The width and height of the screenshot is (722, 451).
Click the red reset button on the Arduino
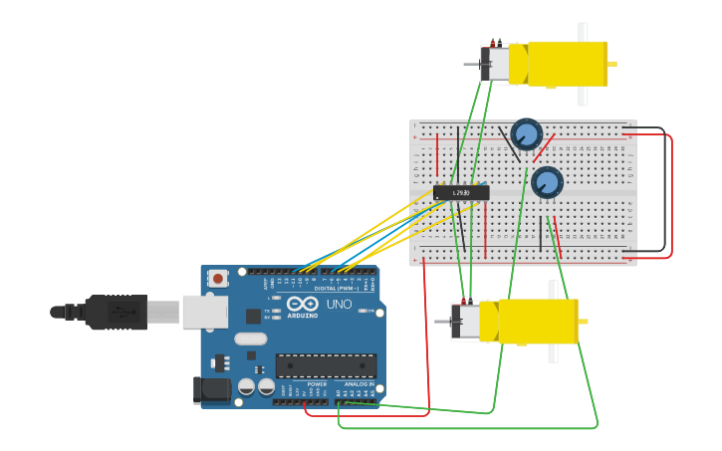coord(217,279)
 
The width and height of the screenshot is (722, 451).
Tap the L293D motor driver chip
coord(461,192)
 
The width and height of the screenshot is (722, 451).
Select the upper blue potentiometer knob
coord(526,133)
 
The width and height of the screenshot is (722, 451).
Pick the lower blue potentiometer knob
coord(547,182)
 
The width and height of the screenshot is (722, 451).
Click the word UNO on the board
coord(339,304)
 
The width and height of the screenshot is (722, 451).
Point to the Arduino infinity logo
coord(302,303)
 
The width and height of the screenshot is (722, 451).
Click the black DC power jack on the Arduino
coord(211,390)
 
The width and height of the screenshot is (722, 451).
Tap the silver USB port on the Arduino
coord(204,312)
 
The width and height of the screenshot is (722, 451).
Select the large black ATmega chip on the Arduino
coord(326,365)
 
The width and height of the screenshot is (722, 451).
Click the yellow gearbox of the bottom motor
coord(537,322)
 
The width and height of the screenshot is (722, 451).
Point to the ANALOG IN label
coord(359,383)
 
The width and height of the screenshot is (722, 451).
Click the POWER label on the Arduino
coord(317,383)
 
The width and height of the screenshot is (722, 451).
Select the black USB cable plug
coord(115,312)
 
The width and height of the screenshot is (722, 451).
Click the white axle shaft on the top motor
coord(583,65)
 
